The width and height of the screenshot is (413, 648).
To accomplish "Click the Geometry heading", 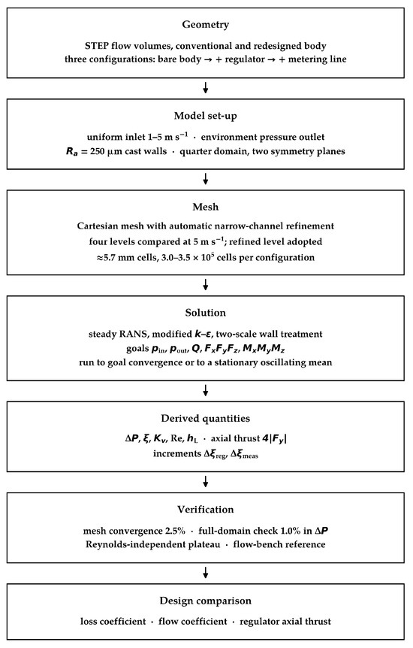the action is click(205, 24).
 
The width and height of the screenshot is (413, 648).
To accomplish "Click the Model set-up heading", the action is click(205, 116).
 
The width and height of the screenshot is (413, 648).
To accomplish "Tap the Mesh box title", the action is click(205, 207).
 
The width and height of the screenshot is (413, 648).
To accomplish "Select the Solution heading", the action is click(205, 313).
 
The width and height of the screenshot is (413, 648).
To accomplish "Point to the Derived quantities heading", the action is click(205, 418).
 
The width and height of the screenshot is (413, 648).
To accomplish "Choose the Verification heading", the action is click(205, 509).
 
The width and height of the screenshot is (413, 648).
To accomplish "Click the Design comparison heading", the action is click(205, 601).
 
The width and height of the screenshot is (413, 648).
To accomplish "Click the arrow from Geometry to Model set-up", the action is click(205, 88).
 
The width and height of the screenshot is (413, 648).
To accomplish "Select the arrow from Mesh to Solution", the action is click(205, 285).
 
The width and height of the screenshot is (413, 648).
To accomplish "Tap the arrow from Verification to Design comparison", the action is click(205, 572).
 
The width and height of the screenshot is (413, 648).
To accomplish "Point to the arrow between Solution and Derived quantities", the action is click(205, 391).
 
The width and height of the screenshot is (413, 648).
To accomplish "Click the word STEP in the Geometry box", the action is click(97, 45).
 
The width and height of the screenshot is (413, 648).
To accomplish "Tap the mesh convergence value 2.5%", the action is click(175, 531).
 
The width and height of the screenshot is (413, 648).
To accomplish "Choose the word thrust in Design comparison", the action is click(318, 622).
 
